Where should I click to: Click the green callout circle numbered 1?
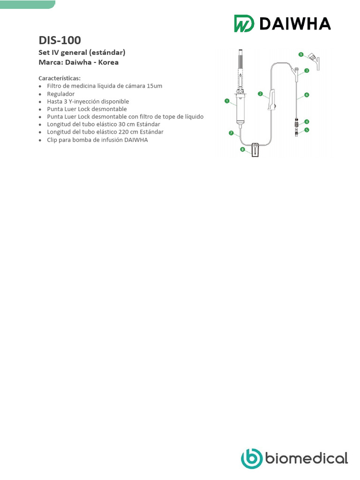pyautogui.click(x=227, y=101)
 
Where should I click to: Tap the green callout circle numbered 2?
pyautogui.click(x=260, y=94)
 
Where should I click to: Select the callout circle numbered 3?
pyautogui.click(x=307, y=71)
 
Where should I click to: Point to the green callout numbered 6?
pyautogui.click(x=307, y=95)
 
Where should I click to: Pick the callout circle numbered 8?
pyautogui.click(x=242, y=149)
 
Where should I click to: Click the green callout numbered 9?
pyautogui.click(x=301, y=54)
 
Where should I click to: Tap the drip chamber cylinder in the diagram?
pyautogui.click(x=240, y=110)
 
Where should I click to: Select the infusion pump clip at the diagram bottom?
pyautogui.click(x=256, y=150)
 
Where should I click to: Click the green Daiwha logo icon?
pyautogui.click(x=244, y=23)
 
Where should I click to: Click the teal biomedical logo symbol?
pyautogui.click(x=252, y=458)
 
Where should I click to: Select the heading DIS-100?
pyautogui.click(x=60, y=40)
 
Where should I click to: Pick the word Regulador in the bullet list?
pyautogui.click(x=61, y=94)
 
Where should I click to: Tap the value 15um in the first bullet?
pyautogui.click(x=155, y=86)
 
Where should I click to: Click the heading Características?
pyautogui.click(x=60, y=78)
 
